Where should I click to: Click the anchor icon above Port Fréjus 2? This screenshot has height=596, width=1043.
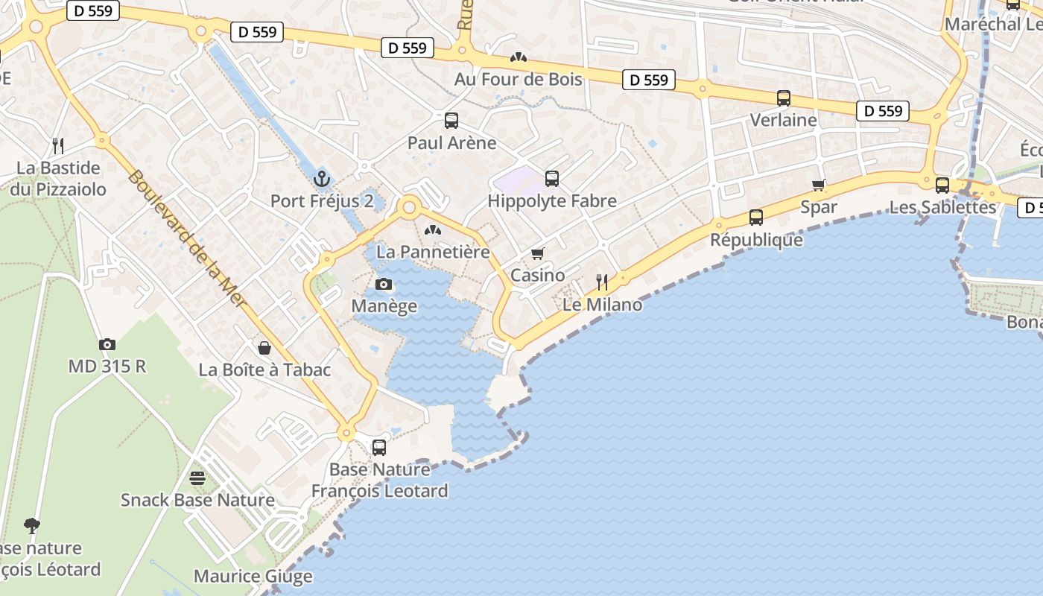pos(322,179)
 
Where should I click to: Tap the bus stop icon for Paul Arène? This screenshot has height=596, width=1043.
pos(451,121)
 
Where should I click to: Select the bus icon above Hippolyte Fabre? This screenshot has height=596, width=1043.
pos(552,179)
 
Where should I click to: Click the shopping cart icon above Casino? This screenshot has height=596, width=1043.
pos(538,253)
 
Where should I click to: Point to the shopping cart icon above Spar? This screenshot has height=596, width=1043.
pos(819,185)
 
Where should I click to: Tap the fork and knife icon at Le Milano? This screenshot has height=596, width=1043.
pos(602,282)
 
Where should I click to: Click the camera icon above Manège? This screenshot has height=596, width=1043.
pos(384,284)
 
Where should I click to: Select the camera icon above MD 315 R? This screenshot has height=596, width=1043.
pos(107,344)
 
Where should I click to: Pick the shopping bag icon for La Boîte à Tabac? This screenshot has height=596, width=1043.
pos(264,348)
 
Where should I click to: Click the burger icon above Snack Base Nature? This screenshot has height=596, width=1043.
pos(197,478)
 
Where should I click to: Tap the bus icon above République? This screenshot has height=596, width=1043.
pos(756,218)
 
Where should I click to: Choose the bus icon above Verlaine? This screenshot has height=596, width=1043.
pos(784,98)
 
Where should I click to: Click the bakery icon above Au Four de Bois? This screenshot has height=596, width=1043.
pos(518,57)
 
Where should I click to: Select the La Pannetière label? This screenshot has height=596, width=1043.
pos(433,252)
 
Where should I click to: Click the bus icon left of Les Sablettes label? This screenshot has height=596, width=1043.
pos(942,185)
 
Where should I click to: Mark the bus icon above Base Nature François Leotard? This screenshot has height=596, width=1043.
pos(379,447)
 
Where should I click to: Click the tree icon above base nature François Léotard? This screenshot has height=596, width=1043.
pos(31,526)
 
